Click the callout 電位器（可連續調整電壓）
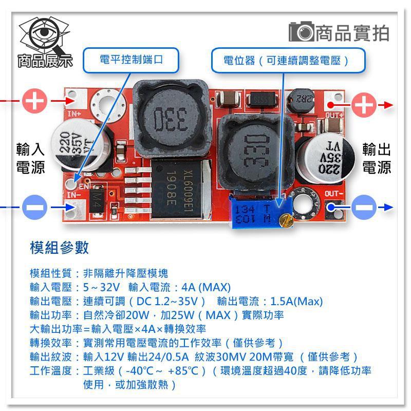[288, 60]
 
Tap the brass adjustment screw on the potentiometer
[289, 221]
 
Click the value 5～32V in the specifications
[101, 287]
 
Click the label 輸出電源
[377, 158]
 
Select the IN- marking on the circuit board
[74, 195]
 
